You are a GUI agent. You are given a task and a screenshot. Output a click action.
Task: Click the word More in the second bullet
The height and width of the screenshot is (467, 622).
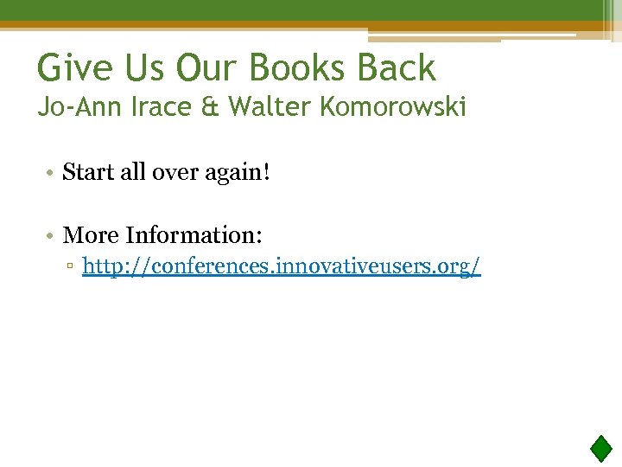[x=91, y=234]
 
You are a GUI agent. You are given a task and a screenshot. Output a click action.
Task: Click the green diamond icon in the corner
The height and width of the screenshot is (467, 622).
[x=600, y=448]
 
